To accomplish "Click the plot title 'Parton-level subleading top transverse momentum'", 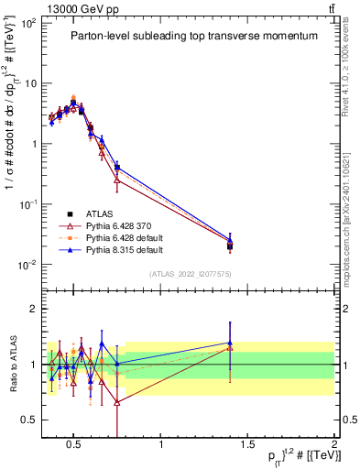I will coord(194,36).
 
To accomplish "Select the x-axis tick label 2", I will coord(333,445).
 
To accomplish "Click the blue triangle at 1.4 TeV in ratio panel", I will coord(230,343).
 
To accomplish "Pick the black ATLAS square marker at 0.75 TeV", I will coord(117,168).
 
